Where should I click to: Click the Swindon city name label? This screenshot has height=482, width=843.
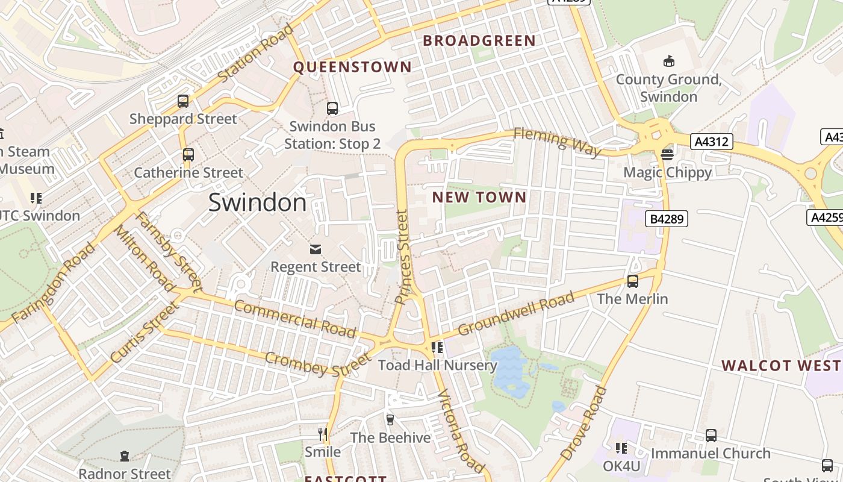tap(257, 202)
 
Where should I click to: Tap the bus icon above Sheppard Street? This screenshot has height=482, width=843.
tap(183, 101)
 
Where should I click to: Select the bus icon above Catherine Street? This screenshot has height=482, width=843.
tap(188, 155)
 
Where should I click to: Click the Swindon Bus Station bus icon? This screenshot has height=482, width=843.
tap(332, 108)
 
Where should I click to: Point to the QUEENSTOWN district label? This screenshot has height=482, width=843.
tap(352, 67)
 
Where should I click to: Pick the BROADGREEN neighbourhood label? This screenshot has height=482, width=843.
tap(479, 41)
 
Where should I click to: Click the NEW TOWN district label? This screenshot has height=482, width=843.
tap(479, 197)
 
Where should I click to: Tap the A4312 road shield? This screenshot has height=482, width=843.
tap(712, 142)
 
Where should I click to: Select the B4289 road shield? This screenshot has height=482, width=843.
tap(667, 219)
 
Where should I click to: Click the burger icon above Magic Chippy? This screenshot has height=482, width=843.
tap(667, 155)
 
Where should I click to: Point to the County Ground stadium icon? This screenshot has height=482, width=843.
tap(668, 61)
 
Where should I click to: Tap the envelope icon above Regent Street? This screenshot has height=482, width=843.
tap(316, 249)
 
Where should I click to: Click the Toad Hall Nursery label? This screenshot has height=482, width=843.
tap(438, 365)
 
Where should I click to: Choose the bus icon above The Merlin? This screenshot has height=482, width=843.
tap(632, 281)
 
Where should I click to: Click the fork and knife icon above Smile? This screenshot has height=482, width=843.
tap(323, 434)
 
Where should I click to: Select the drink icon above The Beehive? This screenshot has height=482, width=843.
tap(390, 419)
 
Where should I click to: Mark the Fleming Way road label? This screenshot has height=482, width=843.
tap(557, 142)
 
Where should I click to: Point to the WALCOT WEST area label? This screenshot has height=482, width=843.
tap(782, 366)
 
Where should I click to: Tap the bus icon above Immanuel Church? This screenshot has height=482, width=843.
tap(711, 436)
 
